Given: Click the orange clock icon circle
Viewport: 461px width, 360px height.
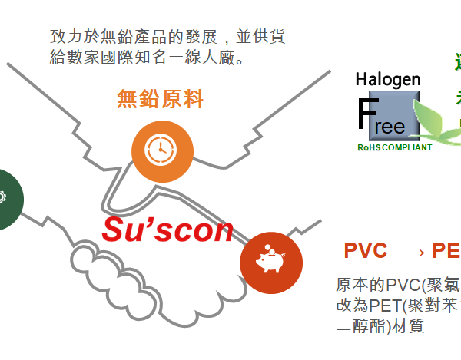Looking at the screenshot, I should click(x=161, y=150).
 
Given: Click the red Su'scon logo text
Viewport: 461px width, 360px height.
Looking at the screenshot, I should click(x=167, y=229).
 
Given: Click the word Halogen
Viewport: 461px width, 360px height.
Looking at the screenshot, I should click(x=388, y=79).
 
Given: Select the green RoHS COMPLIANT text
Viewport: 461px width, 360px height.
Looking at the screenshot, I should click(x=394, y=147).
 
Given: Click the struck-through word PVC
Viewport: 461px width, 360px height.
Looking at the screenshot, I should click(x=366, y=251).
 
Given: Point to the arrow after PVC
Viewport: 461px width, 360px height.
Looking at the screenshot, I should click(x=414, y=252).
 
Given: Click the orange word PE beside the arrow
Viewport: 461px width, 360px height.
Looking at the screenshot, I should click(x=446, y=251).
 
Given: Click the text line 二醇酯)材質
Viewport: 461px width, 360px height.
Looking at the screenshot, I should click(x=381, y=325).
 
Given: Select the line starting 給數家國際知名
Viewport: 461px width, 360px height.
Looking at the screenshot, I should click(x=145, y=58).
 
